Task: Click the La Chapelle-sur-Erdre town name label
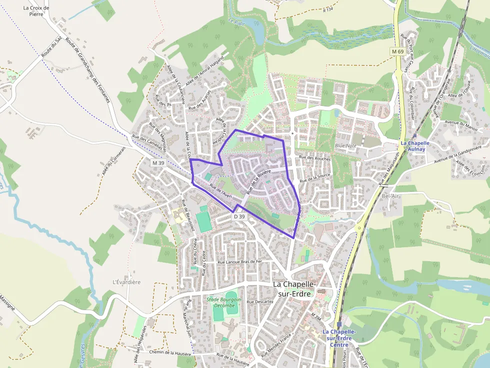294,289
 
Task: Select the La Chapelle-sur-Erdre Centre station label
339,338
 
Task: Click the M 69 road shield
397,52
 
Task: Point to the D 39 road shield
239,216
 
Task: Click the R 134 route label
328,9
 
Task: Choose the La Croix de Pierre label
36,11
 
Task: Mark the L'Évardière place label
126,282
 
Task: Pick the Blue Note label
345,146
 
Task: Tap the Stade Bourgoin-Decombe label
224,302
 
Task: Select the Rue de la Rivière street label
254,179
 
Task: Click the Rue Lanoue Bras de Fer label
240,262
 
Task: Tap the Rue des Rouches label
315,158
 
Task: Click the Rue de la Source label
315,178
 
